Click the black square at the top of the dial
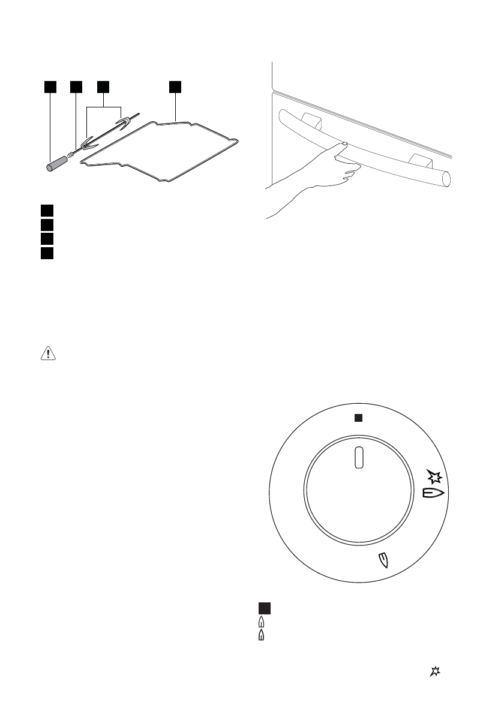[x=358, y=418]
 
